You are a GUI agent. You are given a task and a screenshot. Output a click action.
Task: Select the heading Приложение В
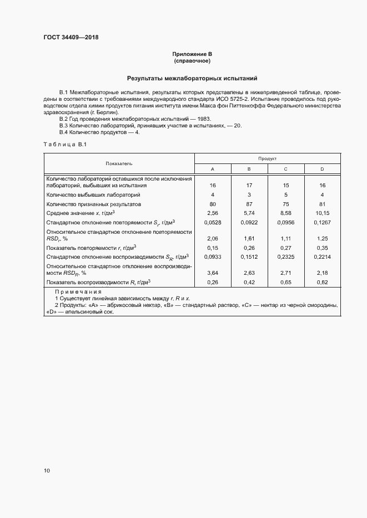click(192, 54)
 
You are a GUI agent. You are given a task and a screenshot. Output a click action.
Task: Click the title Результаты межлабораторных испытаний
click(192, 79)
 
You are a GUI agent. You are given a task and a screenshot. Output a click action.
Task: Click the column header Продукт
click(267, 158)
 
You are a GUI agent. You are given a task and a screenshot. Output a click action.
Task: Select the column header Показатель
click(119, 163)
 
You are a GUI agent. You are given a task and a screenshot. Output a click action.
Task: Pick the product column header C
click(285, 168)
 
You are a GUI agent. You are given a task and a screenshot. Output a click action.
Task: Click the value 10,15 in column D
click(322, 213)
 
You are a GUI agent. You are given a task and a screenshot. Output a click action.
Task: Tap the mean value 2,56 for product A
click(213, 213)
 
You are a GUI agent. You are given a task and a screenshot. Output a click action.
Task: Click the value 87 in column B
click(249, 204)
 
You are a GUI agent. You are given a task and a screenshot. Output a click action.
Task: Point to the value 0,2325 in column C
click(285, 257)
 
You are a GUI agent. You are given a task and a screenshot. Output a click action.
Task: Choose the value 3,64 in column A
click(213, 273)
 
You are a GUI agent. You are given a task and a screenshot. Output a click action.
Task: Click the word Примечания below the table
click(78, 292)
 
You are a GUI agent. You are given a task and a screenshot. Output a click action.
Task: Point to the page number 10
click(47, 470)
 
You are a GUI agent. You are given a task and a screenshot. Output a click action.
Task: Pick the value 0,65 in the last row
click(285, 283)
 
